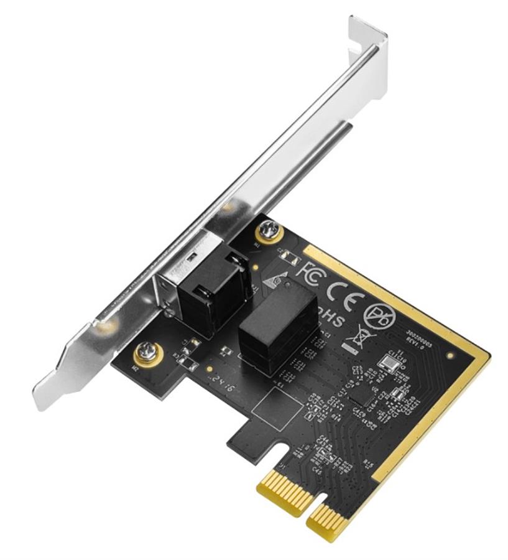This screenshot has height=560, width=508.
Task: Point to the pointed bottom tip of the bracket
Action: coord(45,398)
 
